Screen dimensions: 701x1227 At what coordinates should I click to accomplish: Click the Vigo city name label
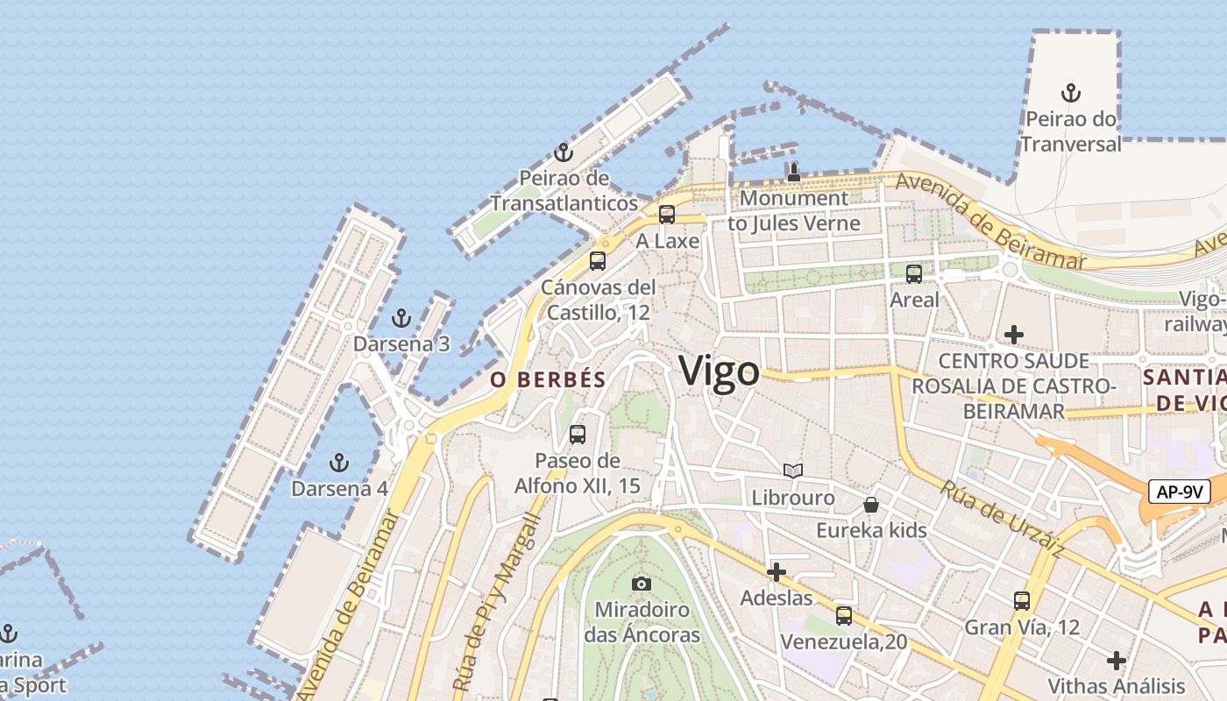(720, 371)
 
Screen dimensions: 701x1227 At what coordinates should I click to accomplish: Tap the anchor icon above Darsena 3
(401, 318)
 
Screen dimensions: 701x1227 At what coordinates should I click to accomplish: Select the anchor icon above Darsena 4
(339, 463)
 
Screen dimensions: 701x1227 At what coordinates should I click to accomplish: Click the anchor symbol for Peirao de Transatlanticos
(564, 152)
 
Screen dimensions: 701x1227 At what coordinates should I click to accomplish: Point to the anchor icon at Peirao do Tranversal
(1070, 92)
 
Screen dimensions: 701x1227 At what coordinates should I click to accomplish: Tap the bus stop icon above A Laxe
(667, 215)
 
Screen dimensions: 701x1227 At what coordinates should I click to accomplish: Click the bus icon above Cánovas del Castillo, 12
(598, 260)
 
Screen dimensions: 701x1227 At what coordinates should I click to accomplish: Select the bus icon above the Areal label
(914, 273)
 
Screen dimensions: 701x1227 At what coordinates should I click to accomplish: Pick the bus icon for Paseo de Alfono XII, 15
(578, 434)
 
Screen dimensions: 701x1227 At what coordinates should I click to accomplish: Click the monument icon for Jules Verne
(794, 172)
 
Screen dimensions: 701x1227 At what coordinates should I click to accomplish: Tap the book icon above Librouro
(793, 471)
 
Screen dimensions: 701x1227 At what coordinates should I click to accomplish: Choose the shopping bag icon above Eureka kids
(871, 505)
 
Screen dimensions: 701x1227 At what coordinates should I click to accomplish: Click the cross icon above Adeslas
(776, 572)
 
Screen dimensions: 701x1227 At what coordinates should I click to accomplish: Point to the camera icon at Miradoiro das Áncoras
(642, 584)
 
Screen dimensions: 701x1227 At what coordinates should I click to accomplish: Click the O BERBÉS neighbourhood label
(548, 379)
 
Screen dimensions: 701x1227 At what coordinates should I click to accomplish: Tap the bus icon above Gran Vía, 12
(1022, 601)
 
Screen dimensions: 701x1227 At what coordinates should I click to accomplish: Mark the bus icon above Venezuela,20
(844, 616)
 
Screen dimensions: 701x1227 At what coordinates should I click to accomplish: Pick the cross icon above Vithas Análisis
(1117, 660)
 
